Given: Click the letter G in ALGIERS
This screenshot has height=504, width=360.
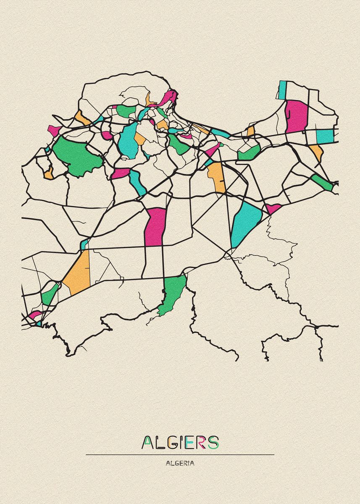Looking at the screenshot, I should tap(170, 442).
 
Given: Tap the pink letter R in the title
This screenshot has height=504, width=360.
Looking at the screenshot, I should tap(201, 442).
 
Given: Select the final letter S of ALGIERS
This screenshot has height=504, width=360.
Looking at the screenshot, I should tap(213, 442).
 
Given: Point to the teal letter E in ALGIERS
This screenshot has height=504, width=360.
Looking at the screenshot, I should tap(189, 442).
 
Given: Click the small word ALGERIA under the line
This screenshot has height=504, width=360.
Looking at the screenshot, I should tap(180, 463).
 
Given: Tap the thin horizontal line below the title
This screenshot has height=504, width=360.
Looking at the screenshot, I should tap(180, 454).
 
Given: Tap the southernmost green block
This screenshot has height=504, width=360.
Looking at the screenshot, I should tap(172, 294).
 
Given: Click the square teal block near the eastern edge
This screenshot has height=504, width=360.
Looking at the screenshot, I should tap(324, 136).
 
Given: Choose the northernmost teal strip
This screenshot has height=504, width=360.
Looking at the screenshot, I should tap(282, 89).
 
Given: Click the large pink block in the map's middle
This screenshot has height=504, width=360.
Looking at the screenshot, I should tap(155, 227).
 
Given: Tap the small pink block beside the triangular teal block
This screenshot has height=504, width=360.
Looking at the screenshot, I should tap(272, 208).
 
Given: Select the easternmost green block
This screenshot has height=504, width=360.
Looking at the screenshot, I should tap(321, 182).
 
